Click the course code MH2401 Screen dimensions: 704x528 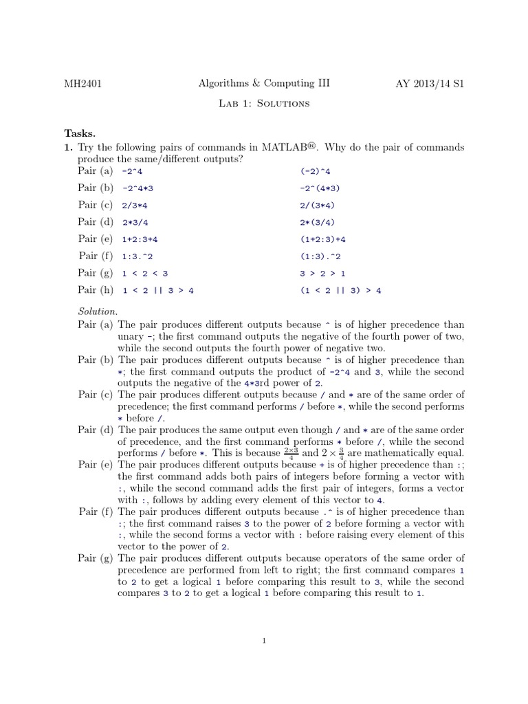pyautogui.click(x=83, y=84)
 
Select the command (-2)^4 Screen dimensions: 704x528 pyautogui.click(x=316, y=171)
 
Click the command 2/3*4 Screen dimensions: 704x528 pyautogui.click(x=135, y=205)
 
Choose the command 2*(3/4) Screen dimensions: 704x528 pyautogui.click(x=318, y=222)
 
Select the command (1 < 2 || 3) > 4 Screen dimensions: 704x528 pyautogui.click(x=340, y=290)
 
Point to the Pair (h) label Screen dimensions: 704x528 pyautogui.click(x=97, y=290)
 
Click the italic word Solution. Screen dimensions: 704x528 pyautogui.click(x=98, y=311)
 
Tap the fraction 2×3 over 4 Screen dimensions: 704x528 pyautogui.click(x=291, y=452)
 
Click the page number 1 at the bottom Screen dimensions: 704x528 pyautogui.click(x=264, y=641)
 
